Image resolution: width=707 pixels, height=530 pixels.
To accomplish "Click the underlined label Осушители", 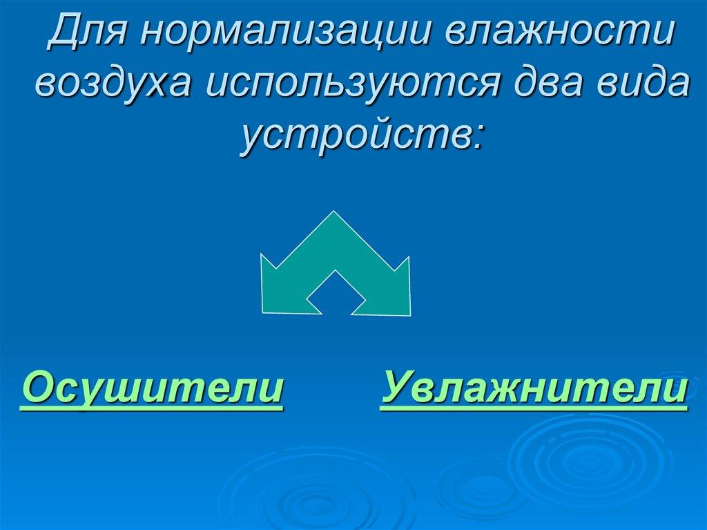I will tap(152, 388).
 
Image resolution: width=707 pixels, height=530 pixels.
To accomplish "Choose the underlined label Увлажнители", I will tap(534, 388).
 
